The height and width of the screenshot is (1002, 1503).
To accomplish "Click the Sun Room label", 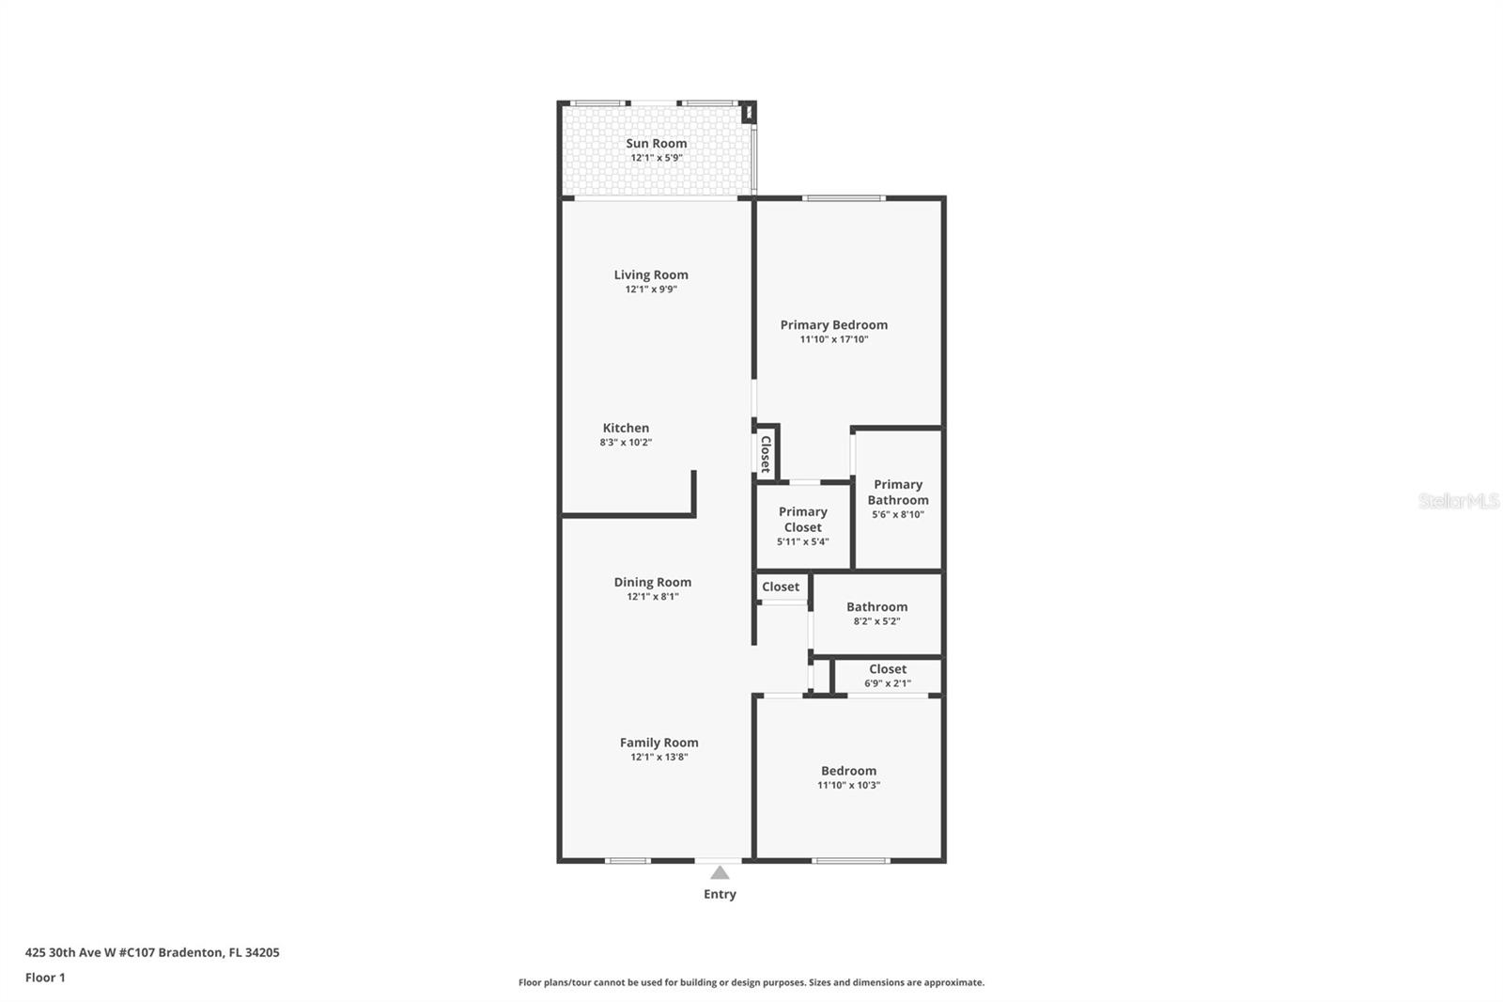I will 657,143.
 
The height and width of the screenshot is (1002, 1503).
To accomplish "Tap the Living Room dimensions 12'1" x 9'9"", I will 651,290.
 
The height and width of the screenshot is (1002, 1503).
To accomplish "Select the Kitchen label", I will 626,428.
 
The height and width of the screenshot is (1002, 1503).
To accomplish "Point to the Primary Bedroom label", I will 833,324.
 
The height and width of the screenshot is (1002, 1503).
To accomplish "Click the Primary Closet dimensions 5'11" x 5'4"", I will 802,541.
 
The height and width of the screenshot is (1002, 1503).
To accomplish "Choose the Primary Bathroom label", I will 897,492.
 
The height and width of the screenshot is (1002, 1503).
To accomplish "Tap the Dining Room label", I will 652,582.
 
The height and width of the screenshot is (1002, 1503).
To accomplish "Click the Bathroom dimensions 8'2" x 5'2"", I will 876,621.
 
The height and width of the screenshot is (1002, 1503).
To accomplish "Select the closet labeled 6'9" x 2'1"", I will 887,675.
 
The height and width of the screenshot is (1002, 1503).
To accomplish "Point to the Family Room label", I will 659,742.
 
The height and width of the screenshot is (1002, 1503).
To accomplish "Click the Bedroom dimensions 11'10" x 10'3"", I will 848,785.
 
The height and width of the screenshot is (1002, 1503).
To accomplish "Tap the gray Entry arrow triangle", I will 720,873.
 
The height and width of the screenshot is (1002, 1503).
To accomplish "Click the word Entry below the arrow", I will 720,894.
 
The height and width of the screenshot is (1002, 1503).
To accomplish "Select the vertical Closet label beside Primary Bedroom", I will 766,453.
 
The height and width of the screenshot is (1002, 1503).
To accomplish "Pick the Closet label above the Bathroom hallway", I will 781,587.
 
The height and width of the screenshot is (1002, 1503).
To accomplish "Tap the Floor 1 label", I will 45,978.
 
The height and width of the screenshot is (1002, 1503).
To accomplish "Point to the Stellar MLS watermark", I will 1458,501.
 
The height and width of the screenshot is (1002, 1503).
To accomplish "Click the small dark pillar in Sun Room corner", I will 749,113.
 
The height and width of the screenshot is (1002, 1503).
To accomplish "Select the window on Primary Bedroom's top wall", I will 844,197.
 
